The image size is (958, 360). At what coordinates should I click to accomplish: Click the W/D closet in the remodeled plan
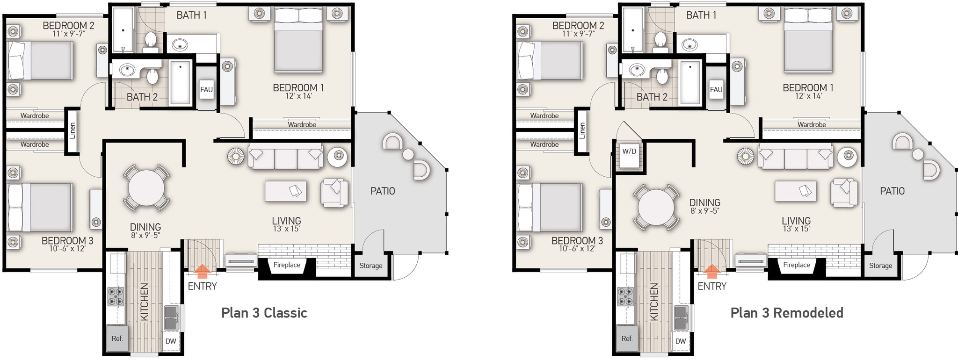pos(629,152)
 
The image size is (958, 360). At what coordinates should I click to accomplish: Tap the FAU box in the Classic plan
pos(206,90)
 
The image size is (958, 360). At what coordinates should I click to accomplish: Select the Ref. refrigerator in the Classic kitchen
pos(117,338)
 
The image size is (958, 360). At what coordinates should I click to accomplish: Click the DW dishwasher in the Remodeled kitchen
pos(681,341)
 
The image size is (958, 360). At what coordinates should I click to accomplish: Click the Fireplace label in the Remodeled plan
pos(796,265)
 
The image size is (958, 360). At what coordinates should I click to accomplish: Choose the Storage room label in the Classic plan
pos(370,266)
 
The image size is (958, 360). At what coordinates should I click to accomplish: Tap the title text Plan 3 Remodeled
pos(787,313)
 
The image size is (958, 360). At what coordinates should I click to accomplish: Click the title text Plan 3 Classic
pos(264,313)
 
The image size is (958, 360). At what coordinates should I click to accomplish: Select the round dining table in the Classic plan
pos(146,187)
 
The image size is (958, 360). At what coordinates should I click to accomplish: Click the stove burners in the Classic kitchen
pos(116,296)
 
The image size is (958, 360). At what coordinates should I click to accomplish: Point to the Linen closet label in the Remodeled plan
pos(582,130)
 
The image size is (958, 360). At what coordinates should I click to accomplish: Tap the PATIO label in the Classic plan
pos(382,191)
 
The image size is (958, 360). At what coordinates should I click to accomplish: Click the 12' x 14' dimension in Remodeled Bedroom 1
pos(808,96)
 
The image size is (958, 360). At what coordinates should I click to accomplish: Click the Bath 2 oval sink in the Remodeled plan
pos(637,71)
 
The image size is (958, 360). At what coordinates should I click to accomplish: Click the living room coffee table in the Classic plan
pos(285,191)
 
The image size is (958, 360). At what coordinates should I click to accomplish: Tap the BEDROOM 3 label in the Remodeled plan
pos(577,241)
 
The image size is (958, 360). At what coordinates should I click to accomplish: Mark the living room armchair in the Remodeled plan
pos(844,193)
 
